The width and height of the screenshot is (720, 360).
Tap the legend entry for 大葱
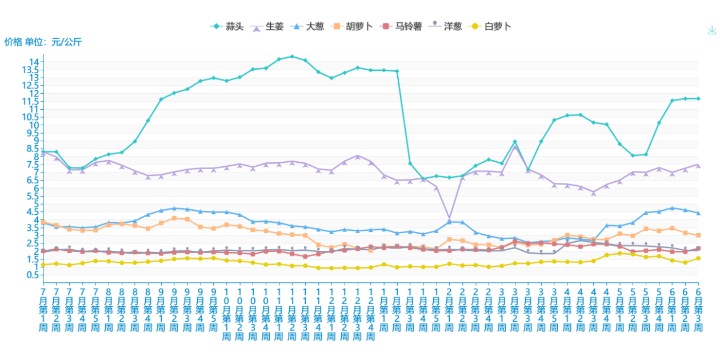click(309, 26)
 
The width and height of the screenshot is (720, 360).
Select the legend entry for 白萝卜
click(490, 26)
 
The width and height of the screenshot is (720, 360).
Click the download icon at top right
click(711, 31)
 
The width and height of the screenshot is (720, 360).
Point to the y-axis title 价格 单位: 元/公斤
click(43, 42)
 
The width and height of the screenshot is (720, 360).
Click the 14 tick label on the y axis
click(34, 62)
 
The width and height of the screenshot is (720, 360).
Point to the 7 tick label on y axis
click(36, 172)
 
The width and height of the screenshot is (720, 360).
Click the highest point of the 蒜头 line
click(292, 57)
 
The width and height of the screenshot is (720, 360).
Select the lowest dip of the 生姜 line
click(449, 219)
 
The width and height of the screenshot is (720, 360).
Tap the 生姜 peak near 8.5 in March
click(515, 147)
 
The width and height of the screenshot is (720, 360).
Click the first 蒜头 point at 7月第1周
click(43, 151)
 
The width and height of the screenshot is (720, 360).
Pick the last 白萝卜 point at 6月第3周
click(698, 258)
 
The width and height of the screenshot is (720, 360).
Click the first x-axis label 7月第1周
click(43, 309)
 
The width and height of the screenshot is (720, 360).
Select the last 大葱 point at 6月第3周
click(698, 213)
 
